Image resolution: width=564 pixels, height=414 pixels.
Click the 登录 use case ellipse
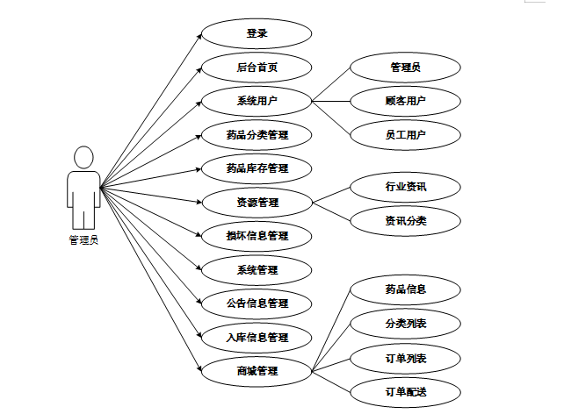coord(257,34)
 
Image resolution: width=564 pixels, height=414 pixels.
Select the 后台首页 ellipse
coord(257,68)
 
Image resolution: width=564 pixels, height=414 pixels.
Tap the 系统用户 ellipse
coord(257,101)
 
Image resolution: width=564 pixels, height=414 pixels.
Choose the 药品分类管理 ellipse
coord(257,135)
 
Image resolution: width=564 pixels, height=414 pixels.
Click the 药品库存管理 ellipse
coord(257,168)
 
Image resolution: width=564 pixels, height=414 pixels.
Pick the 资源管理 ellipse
coord(257,203)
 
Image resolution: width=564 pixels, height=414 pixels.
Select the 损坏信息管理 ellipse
coord(257,236)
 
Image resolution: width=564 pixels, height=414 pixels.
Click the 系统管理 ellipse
coord(257,270)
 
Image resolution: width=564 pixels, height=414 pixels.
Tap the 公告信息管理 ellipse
coord(257,303)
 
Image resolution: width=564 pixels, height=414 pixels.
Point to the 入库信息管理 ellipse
coord(257,338)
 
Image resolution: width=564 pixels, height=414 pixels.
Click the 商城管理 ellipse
coord(257,371)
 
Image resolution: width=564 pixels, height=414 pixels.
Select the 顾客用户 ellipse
coord(405,101)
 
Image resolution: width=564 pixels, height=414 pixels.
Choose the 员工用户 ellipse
coord(405,134)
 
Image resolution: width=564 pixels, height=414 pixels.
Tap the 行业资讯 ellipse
coord(405,187)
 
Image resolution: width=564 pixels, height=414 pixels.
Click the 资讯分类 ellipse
coord(405,220)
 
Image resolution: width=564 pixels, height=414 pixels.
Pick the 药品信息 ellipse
coord(405,289)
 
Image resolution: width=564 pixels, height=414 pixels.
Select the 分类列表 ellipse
coord(405,324)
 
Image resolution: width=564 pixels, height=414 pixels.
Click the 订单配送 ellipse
coord(405,391)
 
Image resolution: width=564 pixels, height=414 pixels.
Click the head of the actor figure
coord(83,158)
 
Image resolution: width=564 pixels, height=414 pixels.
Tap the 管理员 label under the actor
coord(83,239)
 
